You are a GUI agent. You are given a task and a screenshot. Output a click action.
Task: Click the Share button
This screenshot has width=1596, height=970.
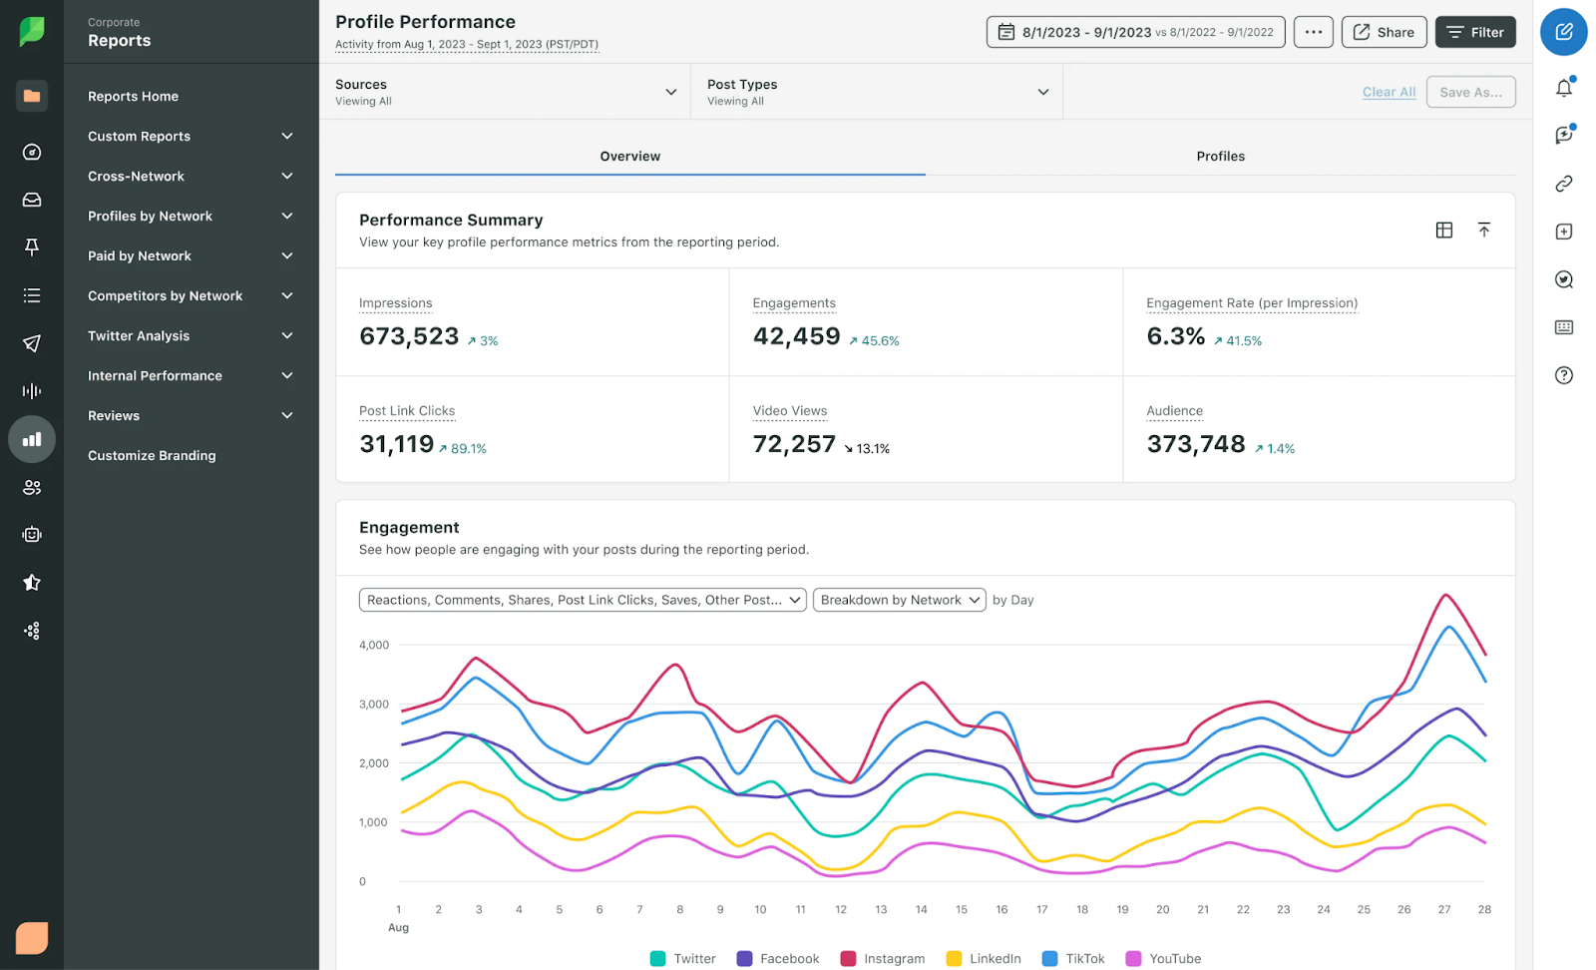[x=1384, y=32]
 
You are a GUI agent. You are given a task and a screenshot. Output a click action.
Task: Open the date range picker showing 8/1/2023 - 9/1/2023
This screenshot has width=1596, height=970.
[x=1135, y=32]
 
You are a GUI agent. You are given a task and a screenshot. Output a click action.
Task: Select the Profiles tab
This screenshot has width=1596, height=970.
[x=1220, y=156]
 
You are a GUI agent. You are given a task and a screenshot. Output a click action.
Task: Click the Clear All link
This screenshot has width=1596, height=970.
[x=1389, y=92]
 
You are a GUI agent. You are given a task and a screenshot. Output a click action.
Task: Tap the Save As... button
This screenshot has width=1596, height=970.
[x=1470, y=92]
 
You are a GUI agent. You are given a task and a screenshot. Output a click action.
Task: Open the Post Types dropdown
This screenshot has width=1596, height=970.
[x=877, y=92]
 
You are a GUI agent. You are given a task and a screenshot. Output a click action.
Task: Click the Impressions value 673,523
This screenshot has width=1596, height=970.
[x=409, y=336]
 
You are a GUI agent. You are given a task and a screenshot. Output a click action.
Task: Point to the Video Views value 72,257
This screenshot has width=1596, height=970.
[x=794, y=444]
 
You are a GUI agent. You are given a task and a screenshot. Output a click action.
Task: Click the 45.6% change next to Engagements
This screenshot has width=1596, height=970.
[x=875, y=341]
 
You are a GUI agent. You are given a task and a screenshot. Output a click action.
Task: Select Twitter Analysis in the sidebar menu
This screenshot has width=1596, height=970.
[x=139, y=336]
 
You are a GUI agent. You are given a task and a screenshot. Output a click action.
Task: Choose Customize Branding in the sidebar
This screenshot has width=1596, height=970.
[x=152, y=456]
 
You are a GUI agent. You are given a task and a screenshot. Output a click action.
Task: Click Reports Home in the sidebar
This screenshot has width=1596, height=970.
[x=133, y=97]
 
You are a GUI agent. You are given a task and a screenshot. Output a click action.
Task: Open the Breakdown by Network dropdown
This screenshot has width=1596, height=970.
[x=899, y=600]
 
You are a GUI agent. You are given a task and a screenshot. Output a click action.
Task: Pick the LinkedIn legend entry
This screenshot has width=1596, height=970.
[x=984, y=959]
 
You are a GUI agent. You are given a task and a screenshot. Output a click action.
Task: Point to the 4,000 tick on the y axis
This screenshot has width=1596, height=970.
[x=374, y=646]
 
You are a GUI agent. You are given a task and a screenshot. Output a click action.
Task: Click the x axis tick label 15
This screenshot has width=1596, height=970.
[x=962, y=910]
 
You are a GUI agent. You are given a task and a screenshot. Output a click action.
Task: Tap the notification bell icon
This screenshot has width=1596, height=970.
[x=1563, y=88]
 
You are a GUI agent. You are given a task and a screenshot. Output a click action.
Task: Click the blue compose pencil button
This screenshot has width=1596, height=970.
[x=1563, y=32]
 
